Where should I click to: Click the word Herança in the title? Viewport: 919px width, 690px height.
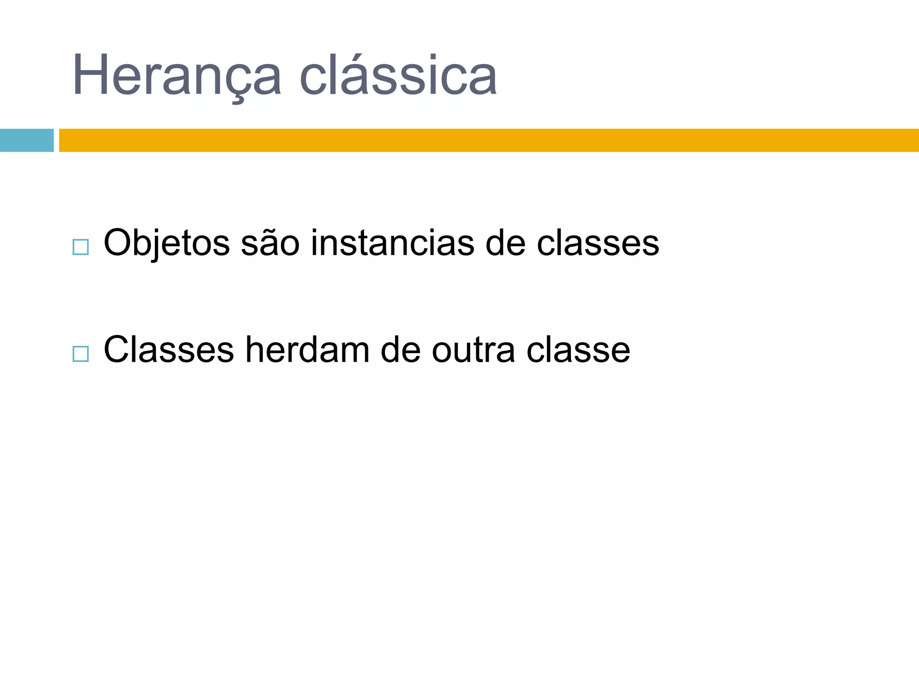pyautogui.click(x=177, y=75)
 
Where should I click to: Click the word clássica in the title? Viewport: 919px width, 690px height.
pyautogui.click(x=398, y=75)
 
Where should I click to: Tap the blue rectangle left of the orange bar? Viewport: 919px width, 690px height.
pyautogui.click(x=26, y=140)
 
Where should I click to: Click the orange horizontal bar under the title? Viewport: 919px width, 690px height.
pyautogui.click(x=488, y=140)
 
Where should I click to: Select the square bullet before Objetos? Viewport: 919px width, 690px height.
pyautogui.click(x=80, y=248)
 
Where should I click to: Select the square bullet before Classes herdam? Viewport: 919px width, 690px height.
pyautogui.click(x=80, y=354)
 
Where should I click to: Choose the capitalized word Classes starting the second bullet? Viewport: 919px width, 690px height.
pyautogui.click(x=169, y=350)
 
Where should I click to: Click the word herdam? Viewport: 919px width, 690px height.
pyautogui.click(x=307, y=350)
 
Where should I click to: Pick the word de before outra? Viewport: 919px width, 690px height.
pyautogui.click(x=400, y=350)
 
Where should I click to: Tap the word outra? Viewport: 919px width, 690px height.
pyautogui.click(x=473, y=350)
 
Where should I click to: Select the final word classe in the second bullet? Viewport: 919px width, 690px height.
pyautogui.click(x=578, y=350)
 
